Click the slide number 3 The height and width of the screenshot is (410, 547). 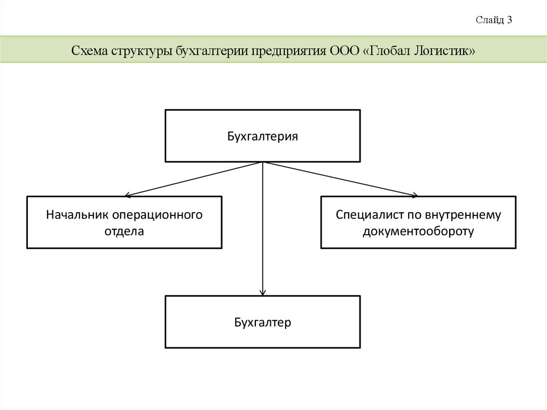(x=510, y=20)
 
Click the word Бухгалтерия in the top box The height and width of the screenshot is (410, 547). (x=262, y=136)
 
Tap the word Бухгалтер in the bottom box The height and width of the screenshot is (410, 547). (x=262, y=322)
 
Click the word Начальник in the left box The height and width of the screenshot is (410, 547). (x=77, y=215)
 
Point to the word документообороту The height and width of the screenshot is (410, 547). (x=418, y=231)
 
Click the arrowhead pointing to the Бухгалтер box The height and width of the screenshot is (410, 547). (x=262, y=292)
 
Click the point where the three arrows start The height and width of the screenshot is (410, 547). (x=262, y=162)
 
